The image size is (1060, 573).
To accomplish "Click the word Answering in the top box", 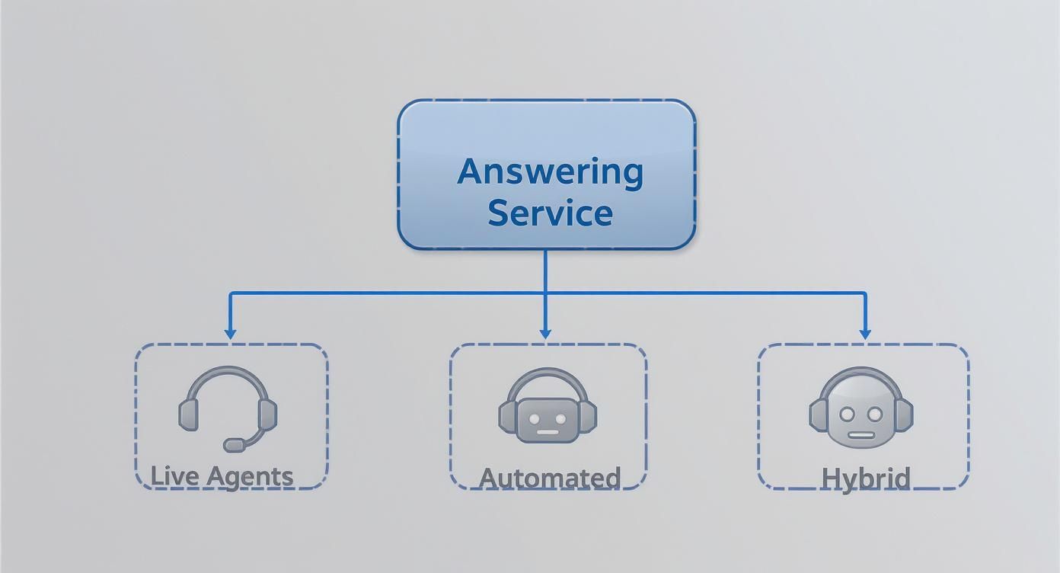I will coord(550,171).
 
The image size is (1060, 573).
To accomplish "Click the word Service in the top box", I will coord(550,212).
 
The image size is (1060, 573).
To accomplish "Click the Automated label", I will coord(549,478).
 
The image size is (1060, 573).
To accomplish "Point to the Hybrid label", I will coord(865,478).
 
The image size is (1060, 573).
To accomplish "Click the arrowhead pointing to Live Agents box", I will coord(230,333).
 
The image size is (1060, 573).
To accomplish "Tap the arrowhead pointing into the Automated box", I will coord(544,333).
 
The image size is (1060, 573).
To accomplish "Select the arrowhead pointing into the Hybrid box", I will coord(864,333).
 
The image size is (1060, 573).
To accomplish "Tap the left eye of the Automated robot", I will coord(534,418).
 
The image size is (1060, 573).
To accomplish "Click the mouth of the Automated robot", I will coord(548,432).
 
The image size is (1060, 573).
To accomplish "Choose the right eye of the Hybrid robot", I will coord(874,414).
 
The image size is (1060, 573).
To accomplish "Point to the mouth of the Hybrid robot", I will coord(861,435).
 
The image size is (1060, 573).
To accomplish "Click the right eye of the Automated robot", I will coord(561,418).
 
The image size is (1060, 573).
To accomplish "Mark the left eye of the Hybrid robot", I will coord(848,414).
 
